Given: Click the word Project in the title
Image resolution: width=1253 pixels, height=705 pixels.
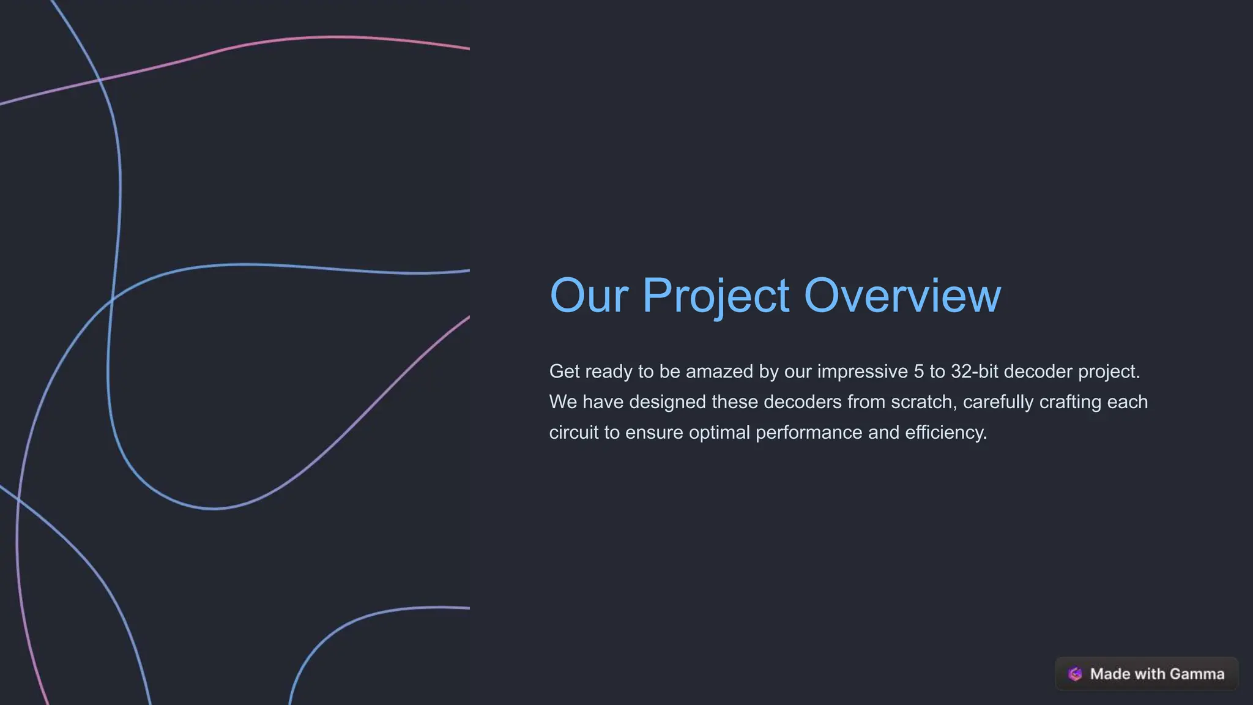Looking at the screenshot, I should (715, 296).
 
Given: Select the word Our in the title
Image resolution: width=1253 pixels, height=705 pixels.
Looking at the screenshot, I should (589, 296).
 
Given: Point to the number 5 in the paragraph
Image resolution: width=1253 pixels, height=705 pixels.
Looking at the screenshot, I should (918, 371).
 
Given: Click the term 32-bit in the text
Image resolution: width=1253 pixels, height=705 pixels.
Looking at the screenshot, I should (975, 371).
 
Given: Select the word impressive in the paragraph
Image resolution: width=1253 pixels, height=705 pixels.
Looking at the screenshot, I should (862, 371).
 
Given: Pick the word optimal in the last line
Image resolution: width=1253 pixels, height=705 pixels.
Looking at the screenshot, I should (719, 433).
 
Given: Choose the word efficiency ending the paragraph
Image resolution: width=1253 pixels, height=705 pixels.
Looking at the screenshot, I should (945, 433).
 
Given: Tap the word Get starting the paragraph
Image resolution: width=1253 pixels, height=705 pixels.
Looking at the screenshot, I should (564, 371).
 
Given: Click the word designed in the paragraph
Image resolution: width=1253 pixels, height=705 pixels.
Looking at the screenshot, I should (667, 402).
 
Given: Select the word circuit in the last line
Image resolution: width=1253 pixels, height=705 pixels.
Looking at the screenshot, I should (574, 433).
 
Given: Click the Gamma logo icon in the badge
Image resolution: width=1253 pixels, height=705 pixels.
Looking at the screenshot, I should (1075, 674).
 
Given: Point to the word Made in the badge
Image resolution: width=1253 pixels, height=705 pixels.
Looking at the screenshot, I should (1110, 674).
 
